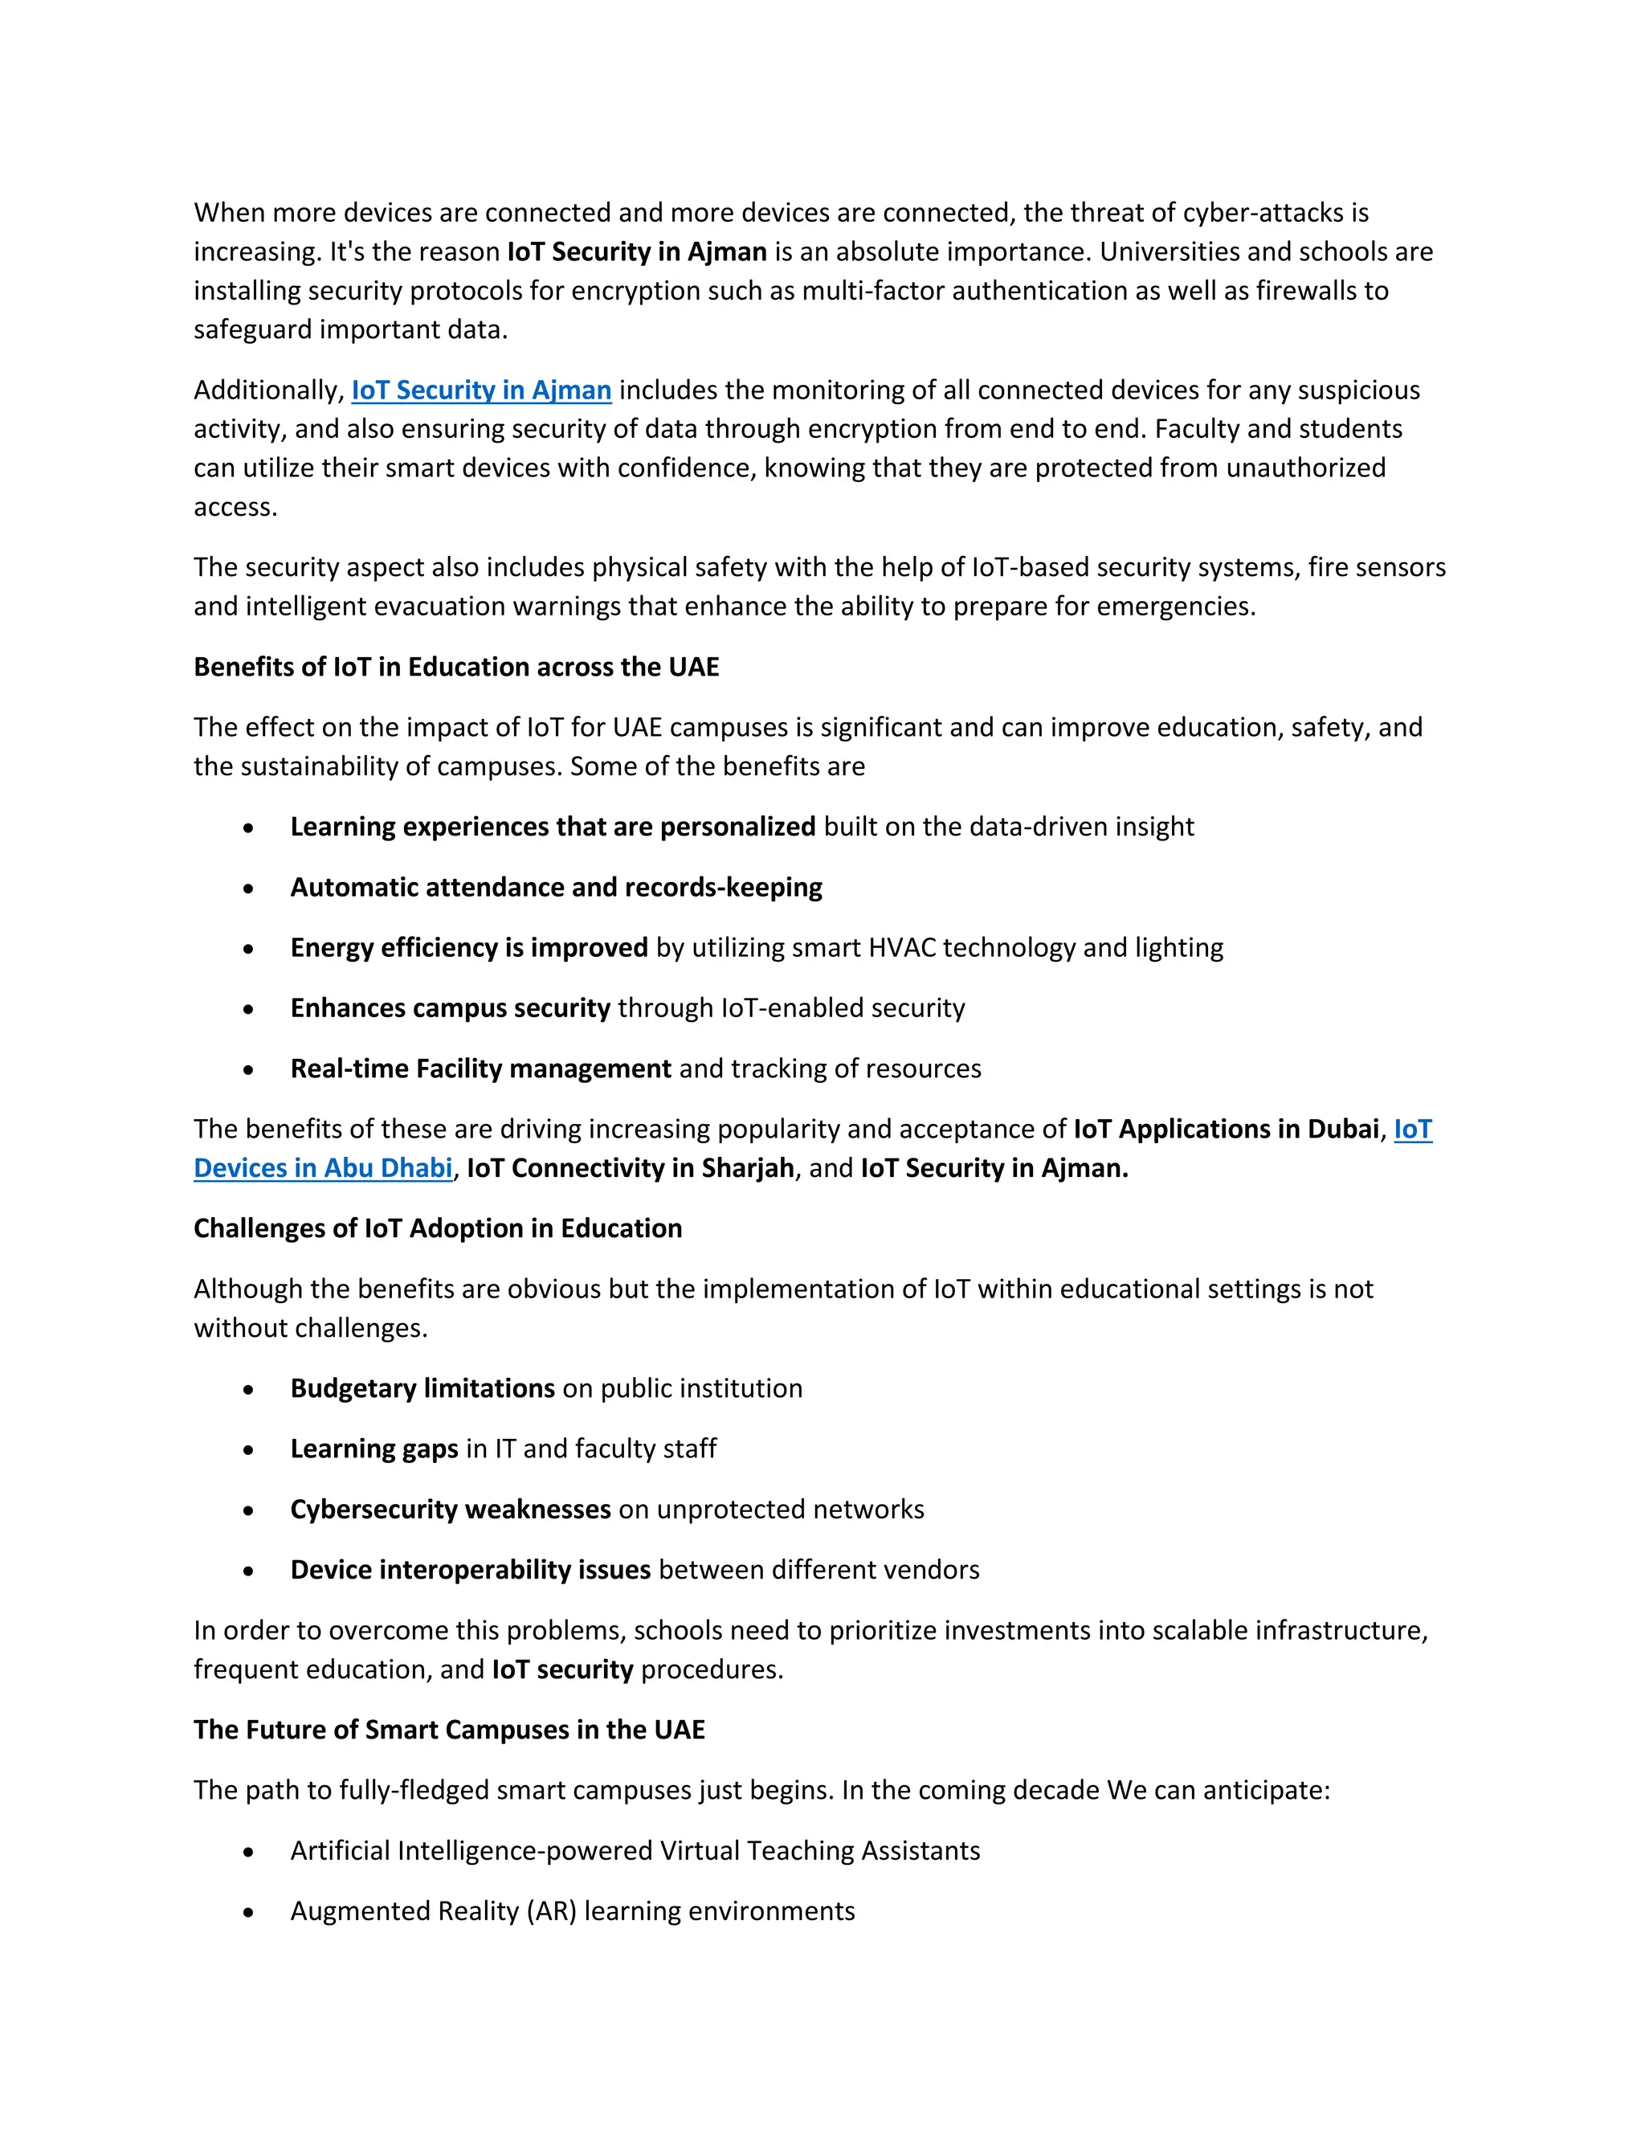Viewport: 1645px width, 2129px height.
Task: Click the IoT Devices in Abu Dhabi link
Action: click(x=323, y=1168)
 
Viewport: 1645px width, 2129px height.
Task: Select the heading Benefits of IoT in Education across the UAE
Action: click(x=456, y=667)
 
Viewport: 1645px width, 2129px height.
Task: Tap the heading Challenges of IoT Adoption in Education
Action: click(x=438, y=1228)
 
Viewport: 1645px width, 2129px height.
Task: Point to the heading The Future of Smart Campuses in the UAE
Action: click(x=449, y=1730)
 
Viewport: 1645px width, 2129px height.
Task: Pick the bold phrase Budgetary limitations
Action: click(x=422, y=1388)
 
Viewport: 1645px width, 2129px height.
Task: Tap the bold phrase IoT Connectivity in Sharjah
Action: click(x=631, y=1168)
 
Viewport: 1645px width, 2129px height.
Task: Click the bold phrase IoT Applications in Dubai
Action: click(x=1226, y=1129)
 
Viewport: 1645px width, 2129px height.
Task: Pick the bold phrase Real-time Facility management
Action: click(x=480, y=1069)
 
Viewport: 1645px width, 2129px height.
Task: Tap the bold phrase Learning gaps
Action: click(x=374, y=1449)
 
